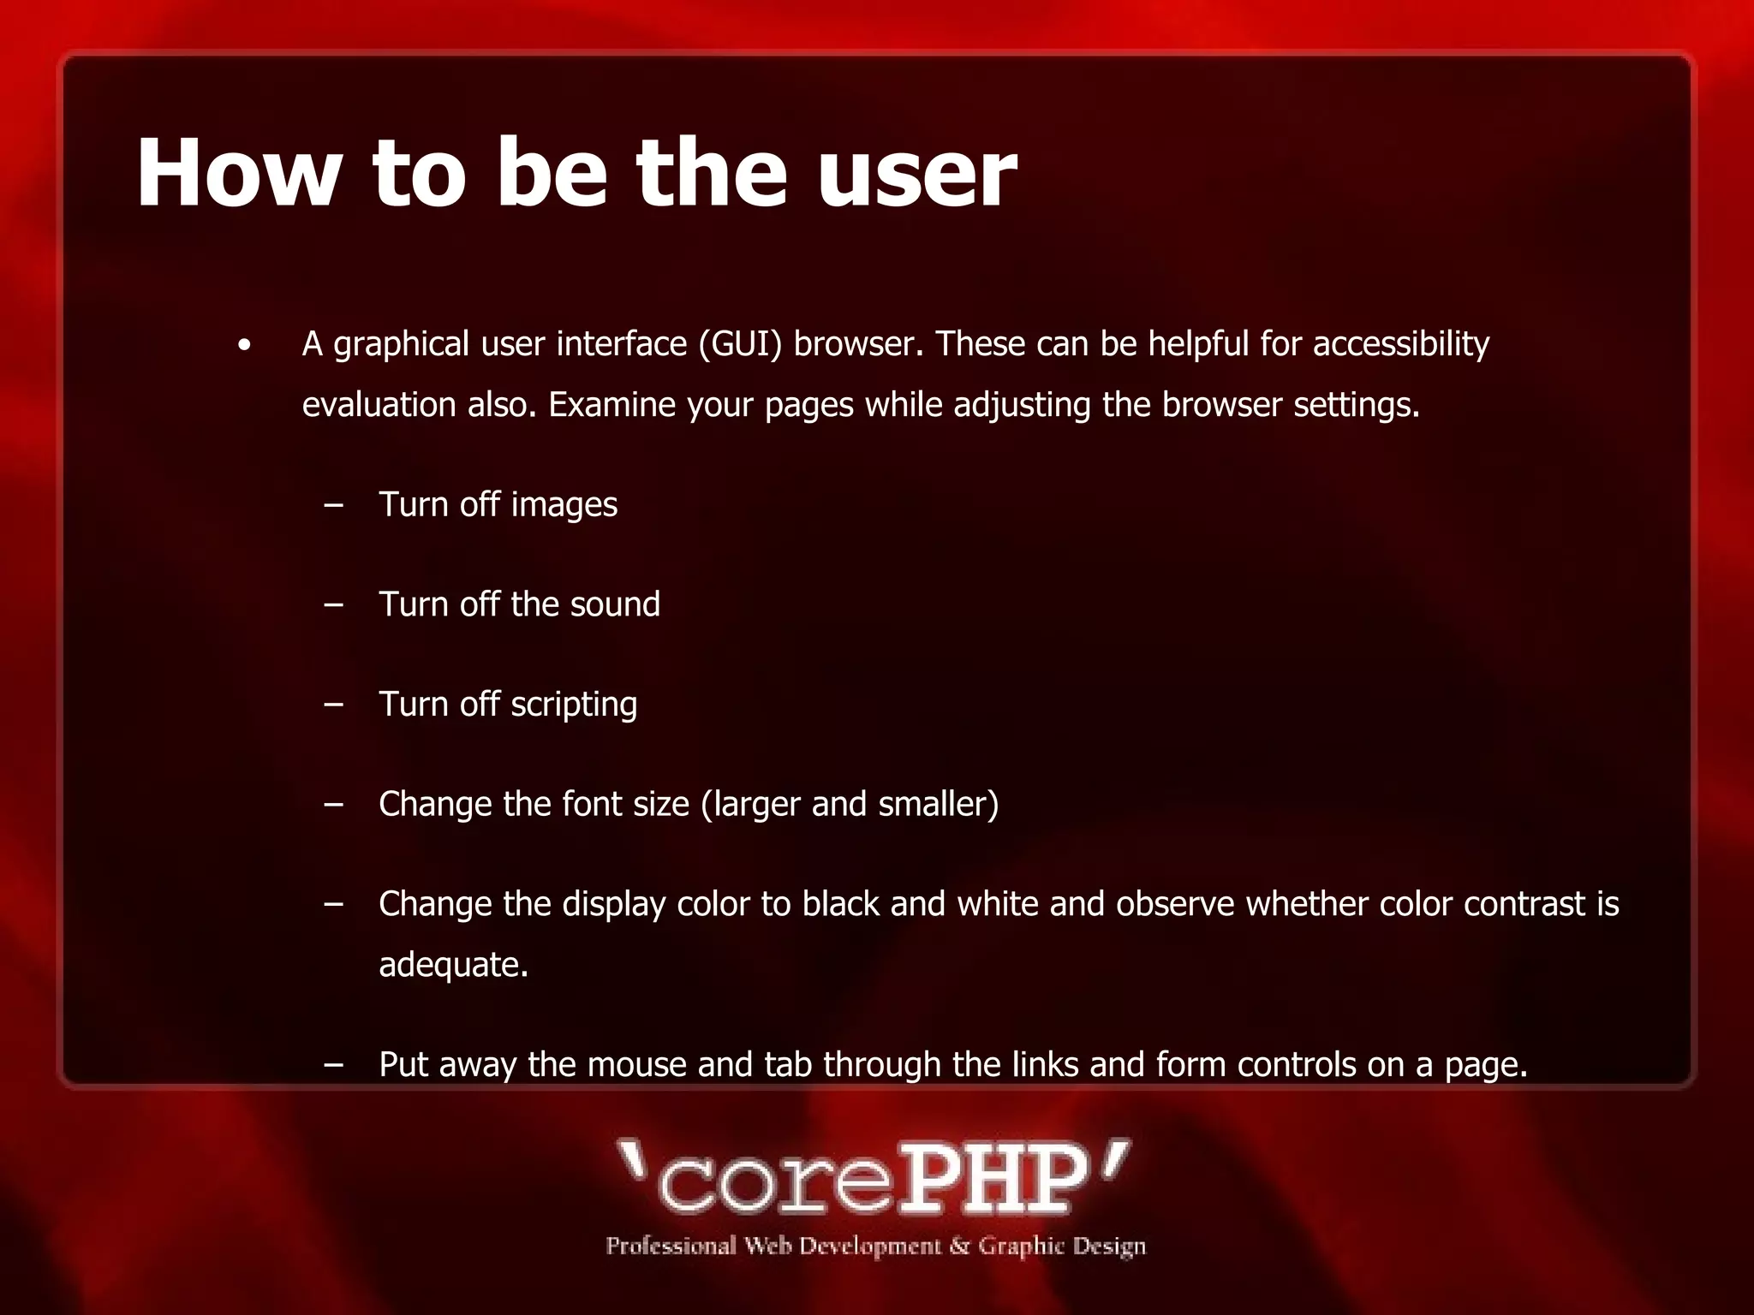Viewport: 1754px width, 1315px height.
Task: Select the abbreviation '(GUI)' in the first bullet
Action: [740, 344]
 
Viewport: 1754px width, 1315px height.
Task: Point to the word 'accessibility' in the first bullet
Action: [1401, 344]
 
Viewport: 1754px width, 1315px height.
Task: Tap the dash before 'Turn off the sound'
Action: [334, 604]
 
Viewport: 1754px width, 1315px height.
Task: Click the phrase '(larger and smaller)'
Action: [850, 805]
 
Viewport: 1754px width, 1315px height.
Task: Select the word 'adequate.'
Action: [453, 966]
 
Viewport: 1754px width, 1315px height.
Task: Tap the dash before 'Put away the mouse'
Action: [334, 1065]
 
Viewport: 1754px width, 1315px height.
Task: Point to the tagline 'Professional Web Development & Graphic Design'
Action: [875, 1247]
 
